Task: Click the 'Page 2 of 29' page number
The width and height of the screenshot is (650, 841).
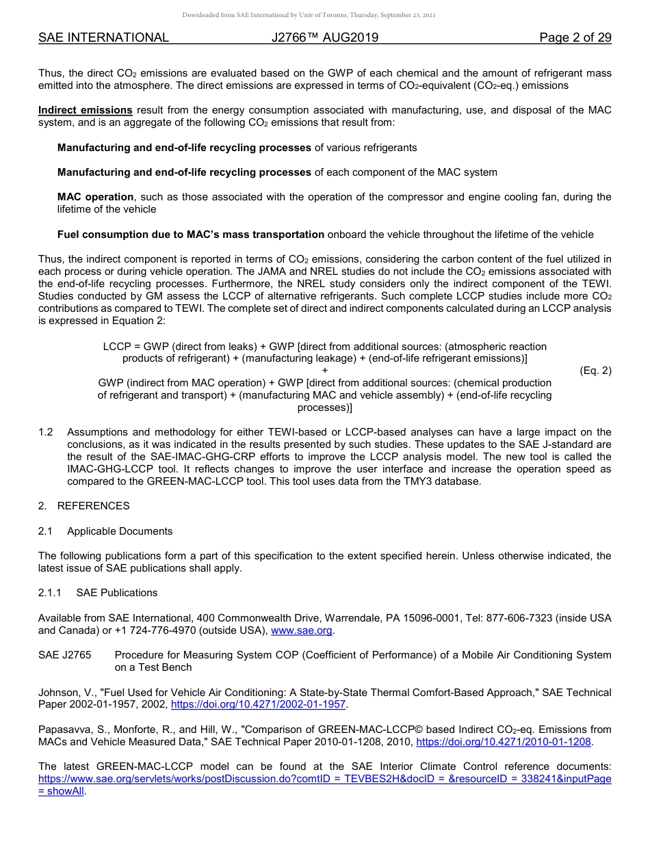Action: click(575, 38)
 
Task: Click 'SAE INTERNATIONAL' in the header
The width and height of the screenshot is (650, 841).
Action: click(103, 38)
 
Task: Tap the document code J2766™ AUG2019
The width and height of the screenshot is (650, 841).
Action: click(324, 38)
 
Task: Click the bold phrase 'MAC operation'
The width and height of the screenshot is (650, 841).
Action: click(98, 198)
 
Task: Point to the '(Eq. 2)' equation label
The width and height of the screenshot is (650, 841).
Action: click(595, 371)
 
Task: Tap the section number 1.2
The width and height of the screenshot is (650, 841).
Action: click(46, 432)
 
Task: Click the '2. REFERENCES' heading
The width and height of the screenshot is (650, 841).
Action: click(83, 506)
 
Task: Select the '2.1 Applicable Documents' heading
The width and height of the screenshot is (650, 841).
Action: click(105, 531)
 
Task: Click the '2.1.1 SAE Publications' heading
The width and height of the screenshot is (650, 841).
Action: click(98, 593)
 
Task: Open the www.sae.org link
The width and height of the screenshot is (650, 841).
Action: click(302, 630)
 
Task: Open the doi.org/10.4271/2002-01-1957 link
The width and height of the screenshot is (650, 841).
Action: click(259, 704)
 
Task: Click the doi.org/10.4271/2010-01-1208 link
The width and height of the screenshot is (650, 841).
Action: click(504, 741)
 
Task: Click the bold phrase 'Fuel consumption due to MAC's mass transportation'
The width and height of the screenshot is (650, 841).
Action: click(191, 235)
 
